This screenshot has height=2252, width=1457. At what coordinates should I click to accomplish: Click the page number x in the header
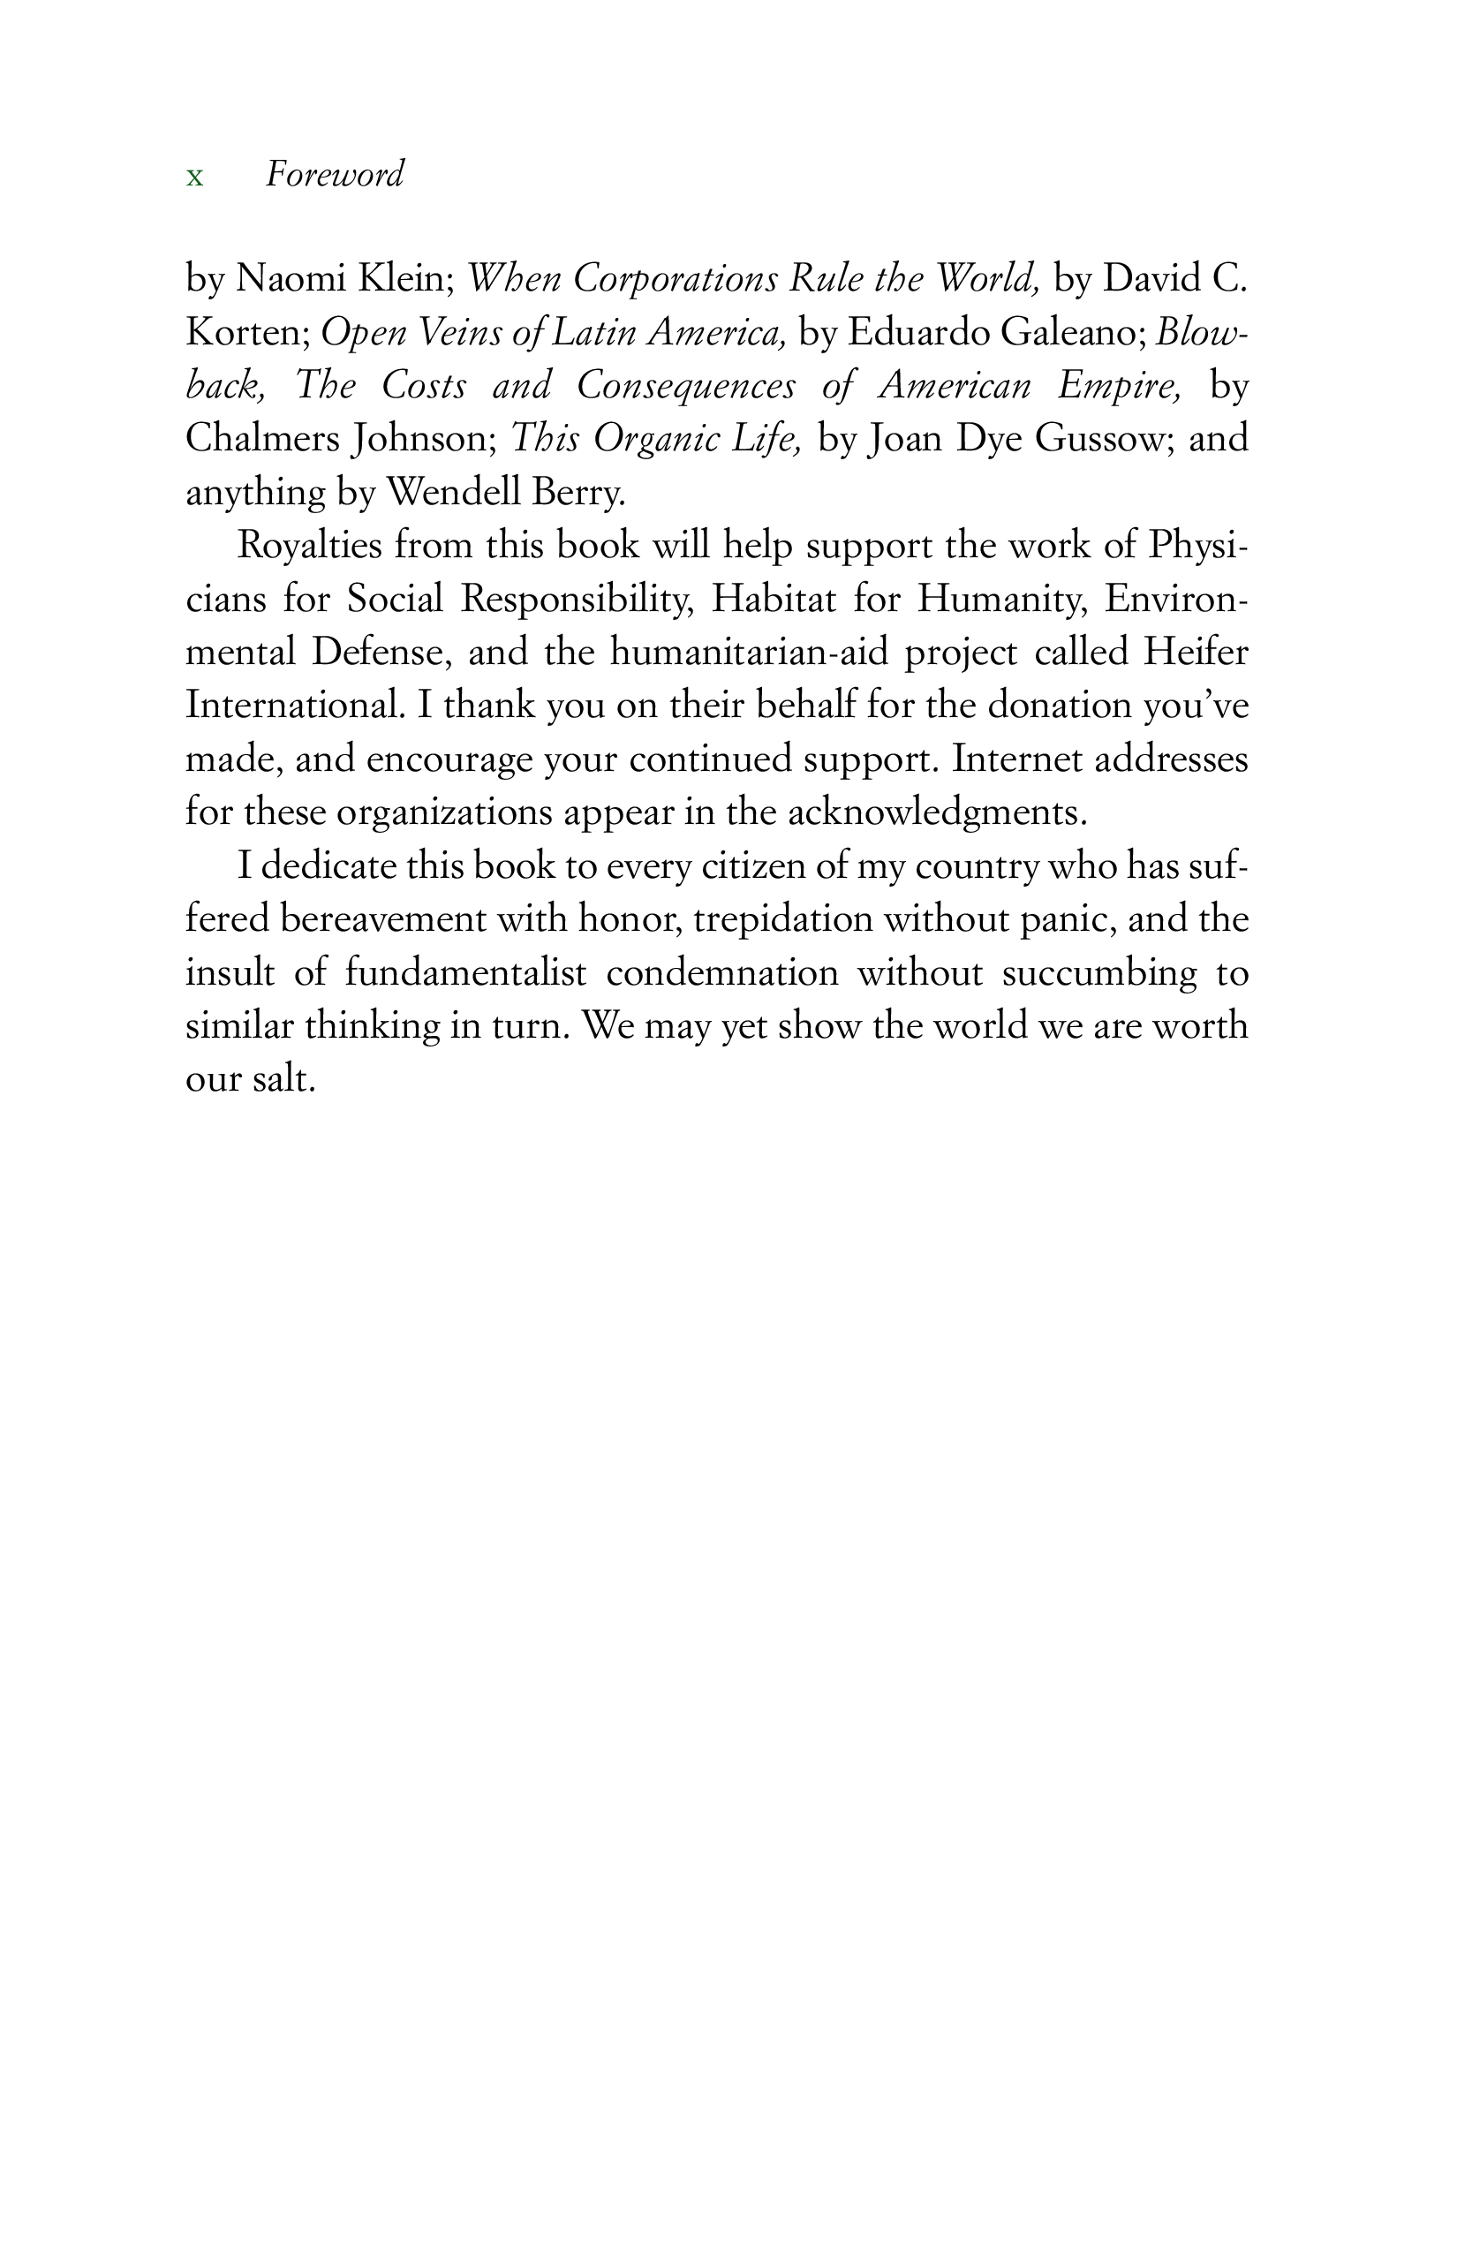[x=195, y=177]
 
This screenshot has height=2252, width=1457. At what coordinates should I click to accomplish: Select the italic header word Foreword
[x=335, y=174]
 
